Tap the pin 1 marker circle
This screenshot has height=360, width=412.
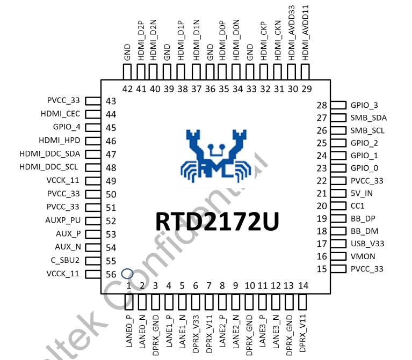[x=127, y=274]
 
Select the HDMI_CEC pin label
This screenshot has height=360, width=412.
[x=60, y=114]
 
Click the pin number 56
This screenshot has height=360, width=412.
[x=111, y=274]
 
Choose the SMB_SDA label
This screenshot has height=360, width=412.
[x=368, y=118]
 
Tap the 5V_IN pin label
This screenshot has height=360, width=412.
[x=361, y=193]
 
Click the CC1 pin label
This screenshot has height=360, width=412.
[x=357, y=206]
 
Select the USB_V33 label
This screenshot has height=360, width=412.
[x=367, y=244]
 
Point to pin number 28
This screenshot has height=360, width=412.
[x=322, y=106]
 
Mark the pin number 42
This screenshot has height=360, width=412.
[x=127, y=89]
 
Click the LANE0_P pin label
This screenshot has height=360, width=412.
[x=129, y=333]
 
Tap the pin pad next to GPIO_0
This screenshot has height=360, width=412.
[x=338, y=168]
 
